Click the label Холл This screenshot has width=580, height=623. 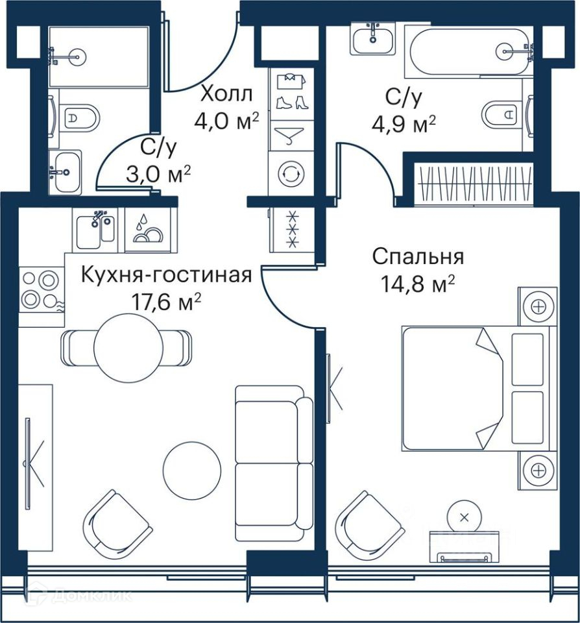tap(227, 95)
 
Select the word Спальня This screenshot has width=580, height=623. tap(418, 257)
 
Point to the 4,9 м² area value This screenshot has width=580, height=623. tap(404, 124)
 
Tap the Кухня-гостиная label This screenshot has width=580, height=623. tap(167, 275)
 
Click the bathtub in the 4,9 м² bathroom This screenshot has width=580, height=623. tap(471, 51)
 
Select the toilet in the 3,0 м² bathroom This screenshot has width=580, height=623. tap(79, 118)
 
